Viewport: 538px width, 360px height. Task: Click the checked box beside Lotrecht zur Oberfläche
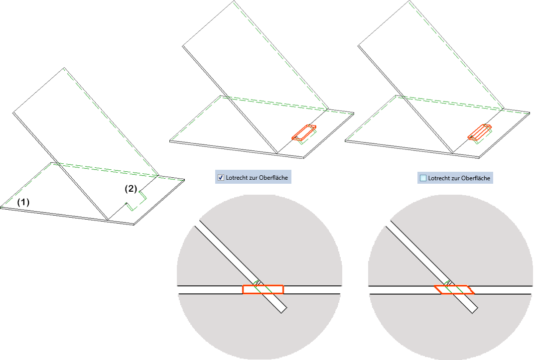pos(221,177)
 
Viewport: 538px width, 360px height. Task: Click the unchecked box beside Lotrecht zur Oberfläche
pos(423,178)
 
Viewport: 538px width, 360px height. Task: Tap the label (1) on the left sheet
pos(23,202)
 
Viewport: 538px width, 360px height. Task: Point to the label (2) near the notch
pos(131,189)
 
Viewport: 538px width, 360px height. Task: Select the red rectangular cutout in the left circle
pos(263,289)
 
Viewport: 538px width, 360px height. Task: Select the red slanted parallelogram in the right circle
pos(453,289)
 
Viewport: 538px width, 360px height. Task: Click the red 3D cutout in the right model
pos(480,131)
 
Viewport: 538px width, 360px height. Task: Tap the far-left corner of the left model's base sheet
pos(1,207)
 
